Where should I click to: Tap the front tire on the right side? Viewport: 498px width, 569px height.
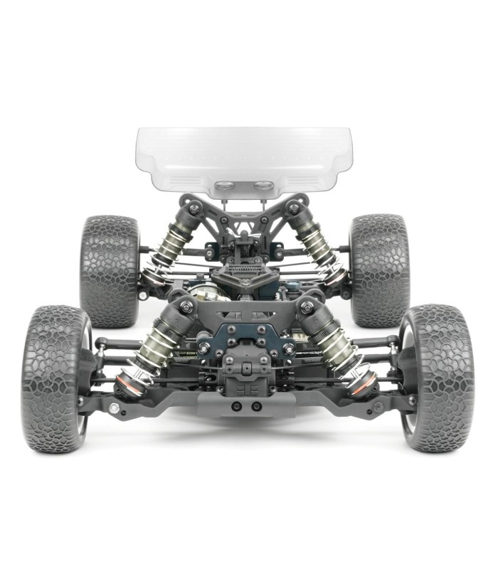tap(435, 378)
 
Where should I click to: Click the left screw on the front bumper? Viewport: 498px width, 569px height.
tap(236, 407)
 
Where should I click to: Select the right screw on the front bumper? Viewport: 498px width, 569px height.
tap(256, 407)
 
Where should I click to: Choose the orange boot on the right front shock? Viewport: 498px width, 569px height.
tap(365, 384)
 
